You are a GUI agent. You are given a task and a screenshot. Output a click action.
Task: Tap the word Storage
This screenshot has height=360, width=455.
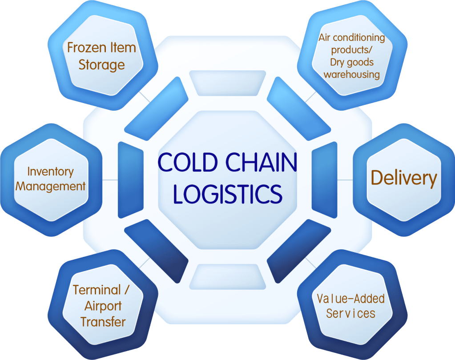tap(102, 65)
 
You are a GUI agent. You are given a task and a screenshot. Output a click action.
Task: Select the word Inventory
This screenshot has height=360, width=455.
tap(50, 172)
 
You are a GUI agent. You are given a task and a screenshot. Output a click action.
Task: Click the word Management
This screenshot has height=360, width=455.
tap(50, 186)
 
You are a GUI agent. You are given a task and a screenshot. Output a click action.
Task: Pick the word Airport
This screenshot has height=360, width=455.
tap(103, 306)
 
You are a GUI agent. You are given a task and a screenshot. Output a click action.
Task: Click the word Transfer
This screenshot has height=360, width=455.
tap(103, 322)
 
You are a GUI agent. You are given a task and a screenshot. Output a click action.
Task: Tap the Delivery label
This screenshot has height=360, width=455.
tap(404, 178)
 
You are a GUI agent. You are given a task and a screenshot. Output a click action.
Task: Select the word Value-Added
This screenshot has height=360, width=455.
tap(350, 298)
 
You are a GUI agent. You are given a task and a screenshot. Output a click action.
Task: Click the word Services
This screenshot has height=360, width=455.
tap(350, 313)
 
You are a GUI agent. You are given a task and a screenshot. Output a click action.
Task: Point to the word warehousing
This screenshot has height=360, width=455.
tap(351, 74)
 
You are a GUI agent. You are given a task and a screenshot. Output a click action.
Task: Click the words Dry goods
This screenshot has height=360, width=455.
tap(351, 62)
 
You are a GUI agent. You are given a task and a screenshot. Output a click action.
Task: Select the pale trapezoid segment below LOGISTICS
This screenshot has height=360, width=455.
tap(228, 276)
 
